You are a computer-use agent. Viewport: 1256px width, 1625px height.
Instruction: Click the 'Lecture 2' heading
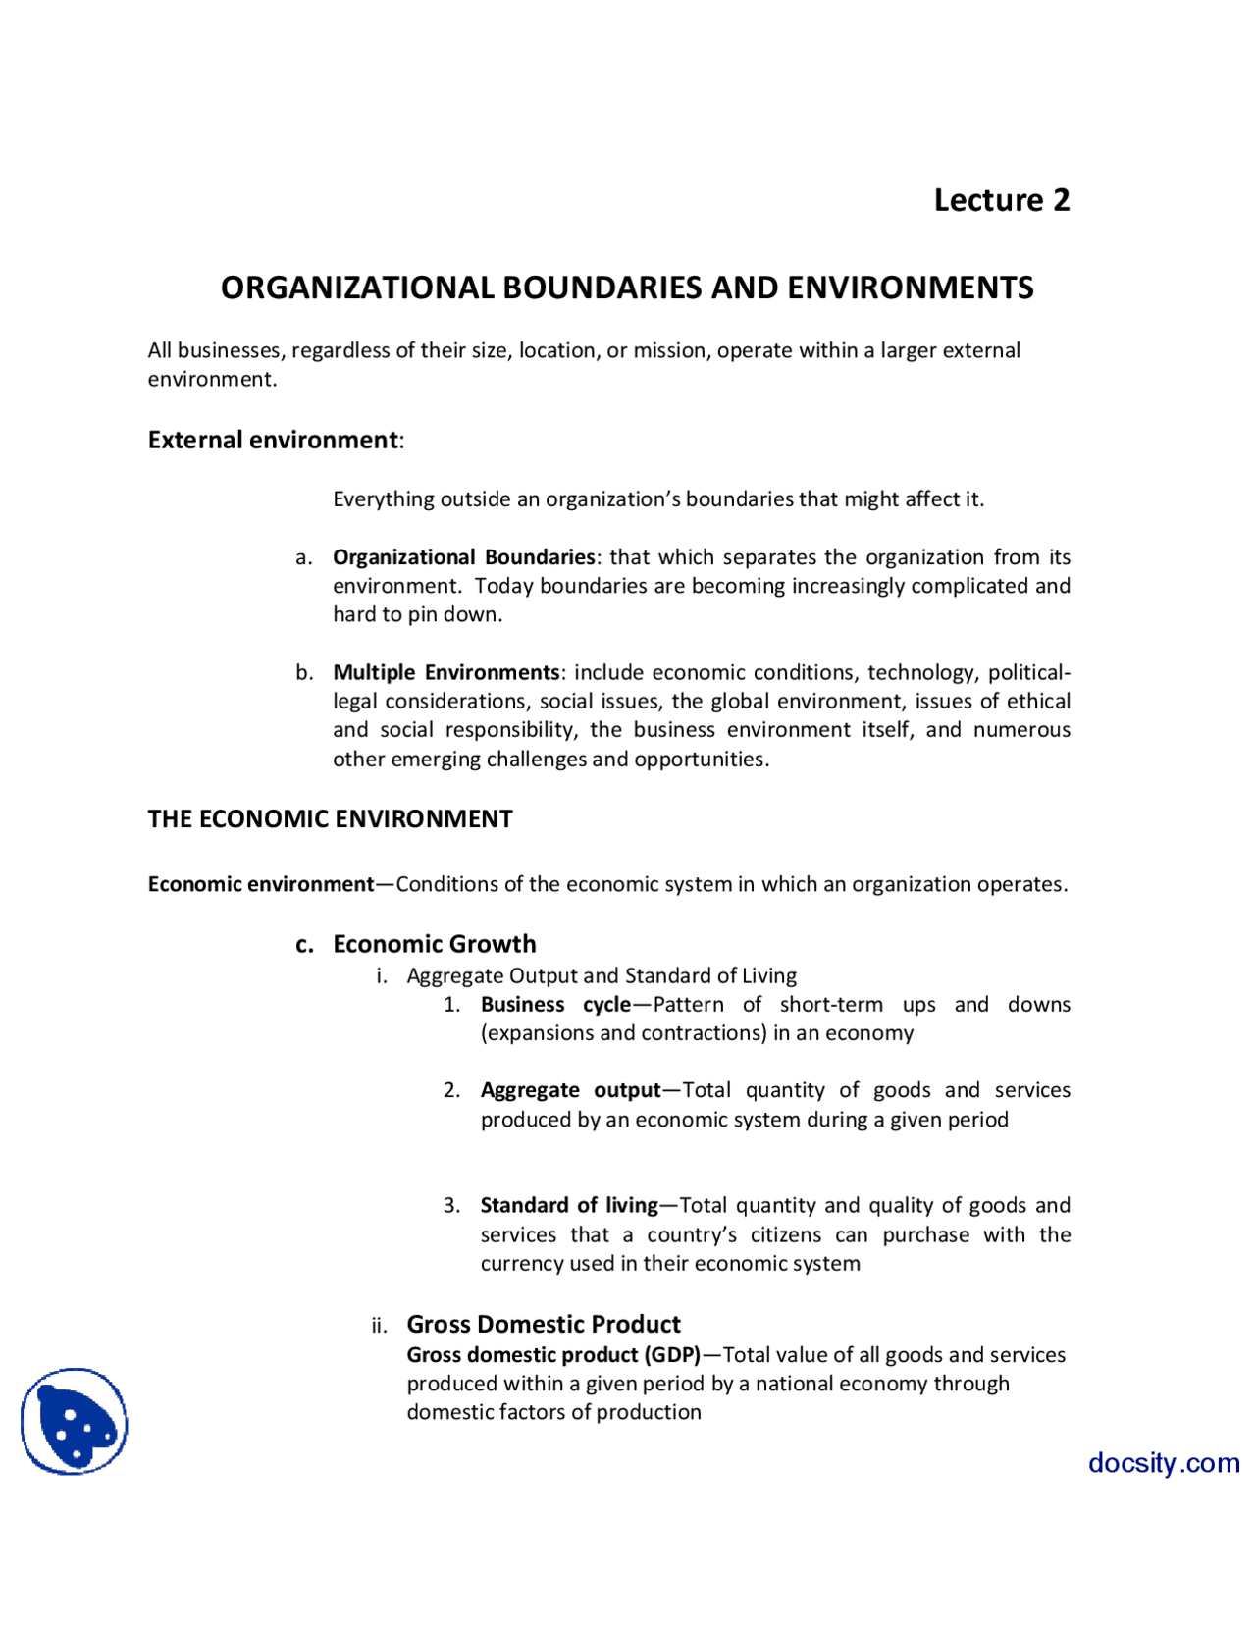pos(1001,200)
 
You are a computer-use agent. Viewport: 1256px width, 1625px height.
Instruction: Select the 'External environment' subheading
pos(273,440)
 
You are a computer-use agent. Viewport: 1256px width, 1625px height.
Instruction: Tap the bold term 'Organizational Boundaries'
pos(463,557)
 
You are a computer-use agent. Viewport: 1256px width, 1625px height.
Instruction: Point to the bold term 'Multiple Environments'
pos(445,672)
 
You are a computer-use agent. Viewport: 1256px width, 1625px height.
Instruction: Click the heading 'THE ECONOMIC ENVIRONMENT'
pos(330,819)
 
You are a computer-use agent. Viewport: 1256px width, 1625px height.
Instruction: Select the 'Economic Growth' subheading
pos(434,944)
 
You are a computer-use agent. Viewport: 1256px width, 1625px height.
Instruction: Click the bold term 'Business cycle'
pos(555,1005)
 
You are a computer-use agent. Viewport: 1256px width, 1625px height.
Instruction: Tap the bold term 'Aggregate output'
pos(570,1090)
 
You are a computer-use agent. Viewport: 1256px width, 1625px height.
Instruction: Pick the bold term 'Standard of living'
pos(569,1205)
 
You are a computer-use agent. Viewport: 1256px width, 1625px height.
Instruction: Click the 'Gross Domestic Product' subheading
pos(543,1325)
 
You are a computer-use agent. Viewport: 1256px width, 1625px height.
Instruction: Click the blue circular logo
pos(75,1421)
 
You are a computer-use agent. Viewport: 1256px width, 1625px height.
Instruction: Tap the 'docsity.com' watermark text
pos(1163,1463)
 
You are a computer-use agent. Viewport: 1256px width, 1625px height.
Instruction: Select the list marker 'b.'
pos(304,673)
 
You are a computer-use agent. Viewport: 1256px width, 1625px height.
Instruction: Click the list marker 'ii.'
pos(379,1327)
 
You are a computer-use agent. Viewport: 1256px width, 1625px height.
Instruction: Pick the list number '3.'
pos(451,1206)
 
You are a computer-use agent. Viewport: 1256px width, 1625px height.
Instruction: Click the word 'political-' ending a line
pos(1028,672)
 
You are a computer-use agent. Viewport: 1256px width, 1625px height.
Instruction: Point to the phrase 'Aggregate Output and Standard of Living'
pos(602,976)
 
